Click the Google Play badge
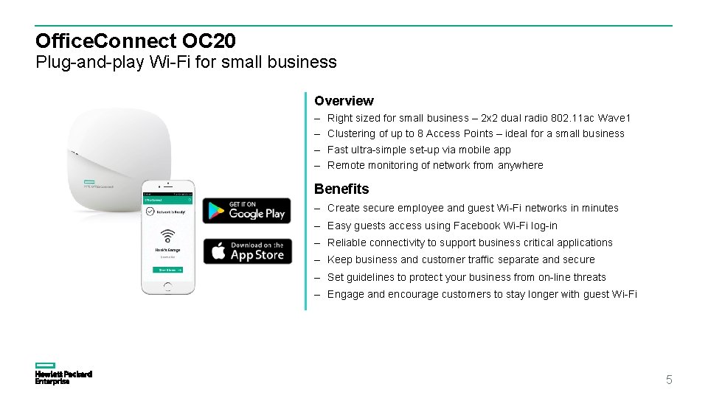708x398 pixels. tap(246, 210)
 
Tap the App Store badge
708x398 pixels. tap(246, 251)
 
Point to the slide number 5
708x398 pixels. tap(669, 380)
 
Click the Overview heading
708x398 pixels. tap(344, 101)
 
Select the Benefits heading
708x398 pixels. tap(341, 189)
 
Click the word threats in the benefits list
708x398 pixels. tap(589, 277)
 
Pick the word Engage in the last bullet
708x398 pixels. tap(345, 294)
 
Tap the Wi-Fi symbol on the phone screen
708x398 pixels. tap(168, 236)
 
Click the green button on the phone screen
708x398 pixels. tap(168, 270)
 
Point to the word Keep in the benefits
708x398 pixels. tap(339, 259)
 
